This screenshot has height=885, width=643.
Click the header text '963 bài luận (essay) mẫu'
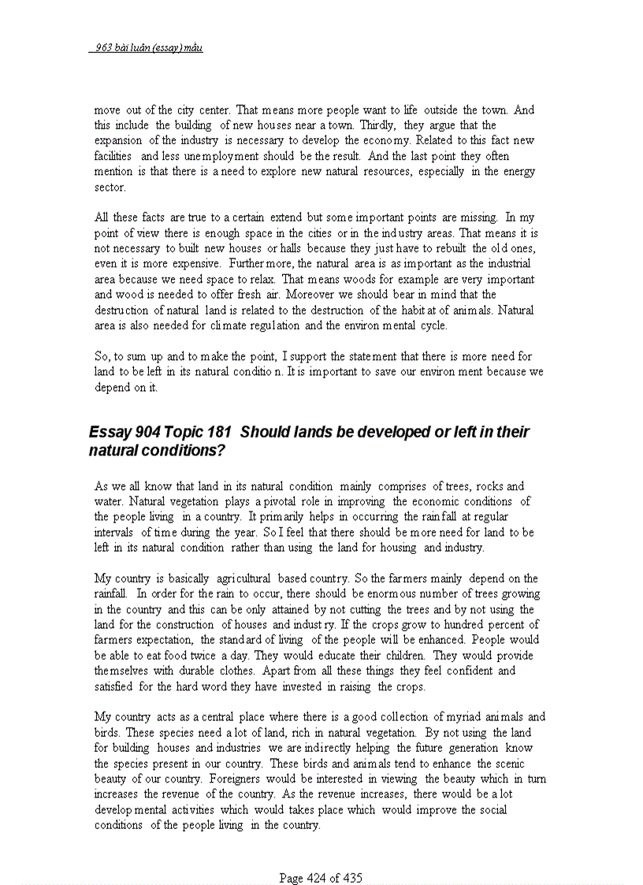tap(147, 48)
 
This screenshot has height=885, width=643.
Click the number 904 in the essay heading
tap(147, 433)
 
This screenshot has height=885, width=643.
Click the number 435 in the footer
tap(351, 878)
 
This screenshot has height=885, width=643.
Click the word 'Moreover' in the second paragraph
tap(296, 295)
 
